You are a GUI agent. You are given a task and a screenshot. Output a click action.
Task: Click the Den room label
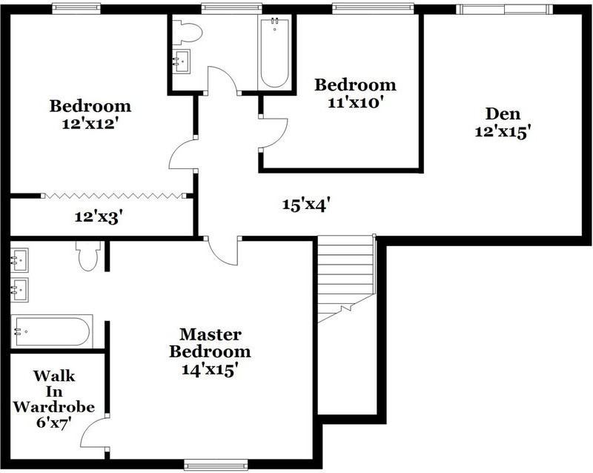pyautogui.click(x=503, y=114)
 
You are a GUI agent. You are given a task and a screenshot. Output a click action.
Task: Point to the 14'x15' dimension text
pyautogui.click(x=210, y=369)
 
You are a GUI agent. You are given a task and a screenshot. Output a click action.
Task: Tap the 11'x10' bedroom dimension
pyautogui.click(x=355, y=102)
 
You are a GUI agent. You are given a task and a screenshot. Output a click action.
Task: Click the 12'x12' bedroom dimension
pyautogui.click(x=90, y=124)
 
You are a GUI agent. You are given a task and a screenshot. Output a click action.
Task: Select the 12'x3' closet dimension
pyautogui.click(x=98, y=217)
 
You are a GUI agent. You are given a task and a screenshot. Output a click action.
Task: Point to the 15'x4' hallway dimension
pyautogui.click(x=305, y=204)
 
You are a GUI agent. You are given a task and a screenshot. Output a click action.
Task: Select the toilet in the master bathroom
pyautogui.click(x=86, y=255)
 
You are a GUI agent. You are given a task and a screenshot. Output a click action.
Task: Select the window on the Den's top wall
pyautogui.click(x=504, y=9)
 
